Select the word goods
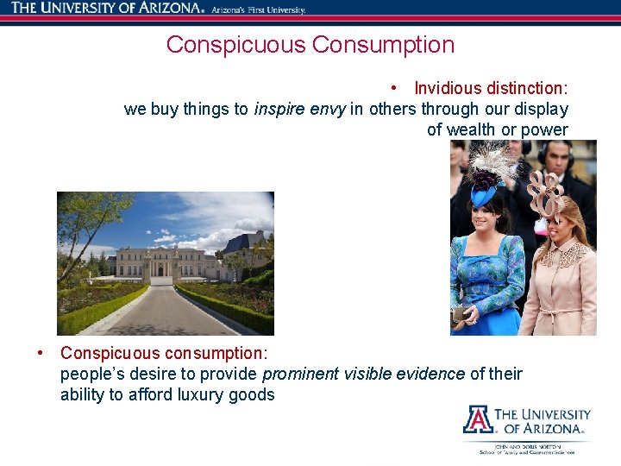click(252, 395)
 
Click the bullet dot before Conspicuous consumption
click(41, 353)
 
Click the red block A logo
click(478, 419)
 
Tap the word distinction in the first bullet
click(527, 88)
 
